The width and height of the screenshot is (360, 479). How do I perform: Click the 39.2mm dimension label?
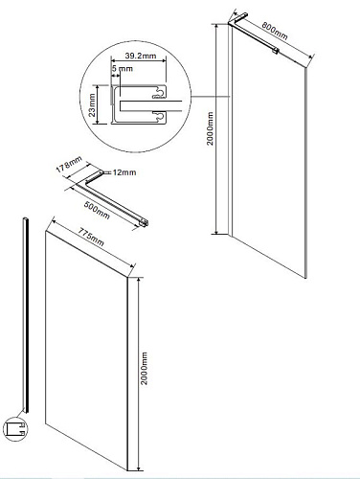pyautogui.click(x=141, y=56)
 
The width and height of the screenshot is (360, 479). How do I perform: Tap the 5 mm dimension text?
pyautogui.click(x=123, y=69)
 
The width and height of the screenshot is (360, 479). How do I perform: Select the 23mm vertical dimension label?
pyautogui.click(x=92, y=105)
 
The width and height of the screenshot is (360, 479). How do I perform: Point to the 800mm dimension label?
pyautogui.click(x=275, y=31)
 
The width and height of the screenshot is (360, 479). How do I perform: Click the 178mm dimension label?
pyautogui.click(x=69, y=165)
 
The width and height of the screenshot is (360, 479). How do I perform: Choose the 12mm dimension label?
pyautogui.click(x=124, y=172)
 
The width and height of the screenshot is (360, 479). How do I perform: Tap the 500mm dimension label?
pyautogui.click(x=97, y=210)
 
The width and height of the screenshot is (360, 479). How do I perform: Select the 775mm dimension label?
pyautogui.click(x=91, y=238)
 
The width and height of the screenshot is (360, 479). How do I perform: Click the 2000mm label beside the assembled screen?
pyautogui.click(x=210, y=128)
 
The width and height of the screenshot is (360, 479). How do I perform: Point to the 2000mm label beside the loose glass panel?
pyautogui.click(x=145, y=368)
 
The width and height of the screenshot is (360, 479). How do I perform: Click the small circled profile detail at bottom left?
pyautogui.click(x=15, y=429)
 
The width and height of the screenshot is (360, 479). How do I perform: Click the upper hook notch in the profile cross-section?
pyautogui.click(x=159, y=93)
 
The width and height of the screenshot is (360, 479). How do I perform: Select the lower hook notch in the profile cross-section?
pyautogui.click(x=159, y=116)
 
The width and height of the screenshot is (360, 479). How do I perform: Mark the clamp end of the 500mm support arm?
pyautogui.click(x=145, y=223)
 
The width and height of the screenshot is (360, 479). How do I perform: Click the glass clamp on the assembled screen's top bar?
pyautogui.click(x=275, y=50)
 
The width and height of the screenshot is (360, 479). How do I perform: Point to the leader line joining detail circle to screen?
pyautogui.click(x=211, y=97)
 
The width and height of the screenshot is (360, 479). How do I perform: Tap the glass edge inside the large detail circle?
pyautogui.click(x=151, y=106)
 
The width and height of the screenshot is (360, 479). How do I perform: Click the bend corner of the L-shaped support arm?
pyautogui.click(x=86, y=182)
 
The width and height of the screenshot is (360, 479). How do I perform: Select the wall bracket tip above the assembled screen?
pyautogui.click(x=244, y=14)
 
